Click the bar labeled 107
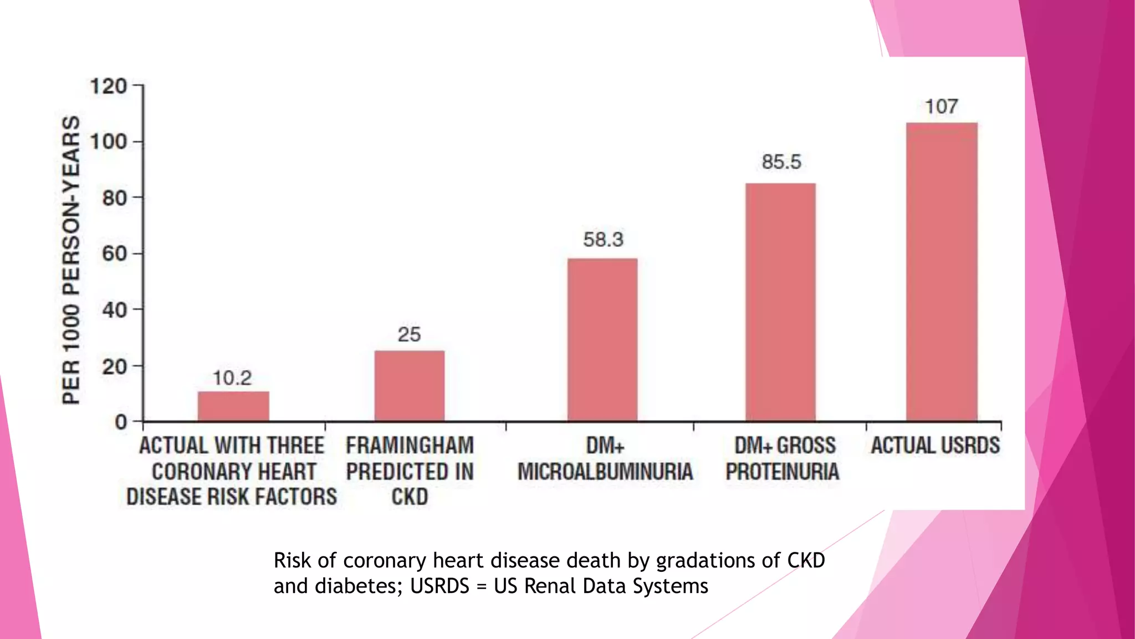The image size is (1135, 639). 942,272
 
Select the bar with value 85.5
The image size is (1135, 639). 780,302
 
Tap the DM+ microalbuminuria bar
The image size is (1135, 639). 602,339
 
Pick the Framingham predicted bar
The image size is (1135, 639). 410,386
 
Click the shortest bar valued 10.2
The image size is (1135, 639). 233,406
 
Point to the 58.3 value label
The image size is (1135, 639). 603,240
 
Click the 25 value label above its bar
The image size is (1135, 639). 409,334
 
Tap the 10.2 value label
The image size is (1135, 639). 232,378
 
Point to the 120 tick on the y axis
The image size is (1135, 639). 109,86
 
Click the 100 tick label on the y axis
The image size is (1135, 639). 109,142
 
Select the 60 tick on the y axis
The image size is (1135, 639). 115,254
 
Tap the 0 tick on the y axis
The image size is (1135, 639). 121,422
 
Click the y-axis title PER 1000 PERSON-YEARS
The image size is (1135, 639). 71,260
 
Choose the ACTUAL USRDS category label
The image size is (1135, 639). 935,445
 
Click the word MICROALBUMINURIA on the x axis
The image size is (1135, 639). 605,472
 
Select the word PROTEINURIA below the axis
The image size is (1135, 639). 782,472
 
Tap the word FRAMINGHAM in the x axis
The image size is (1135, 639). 410,445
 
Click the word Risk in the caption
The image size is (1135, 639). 292,561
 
